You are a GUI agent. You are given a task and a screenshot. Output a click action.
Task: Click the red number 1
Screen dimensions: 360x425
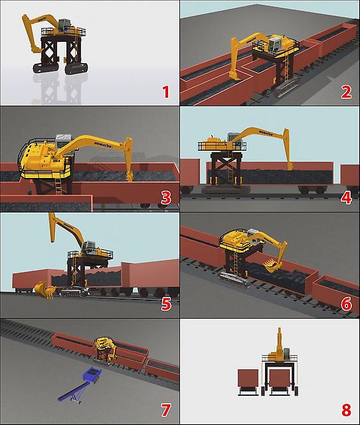[166, 92]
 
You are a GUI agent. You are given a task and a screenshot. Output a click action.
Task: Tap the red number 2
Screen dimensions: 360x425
[346, 92]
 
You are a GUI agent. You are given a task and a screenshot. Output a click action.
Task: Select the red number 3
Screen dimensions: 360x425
[166, 198]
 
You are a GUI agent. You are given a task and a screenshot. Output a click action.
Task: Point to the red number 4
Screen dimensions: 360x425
[346, 198]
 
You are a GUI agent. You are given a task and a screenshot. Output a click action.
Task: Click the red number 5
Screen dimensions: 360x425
[166, 304]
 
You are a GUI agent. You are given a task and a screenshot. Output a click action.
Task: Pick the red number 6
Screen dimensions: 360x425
[347, 304]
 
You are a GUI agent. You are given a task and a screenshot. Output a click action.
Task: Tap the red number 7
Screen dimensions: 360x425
[166, 410]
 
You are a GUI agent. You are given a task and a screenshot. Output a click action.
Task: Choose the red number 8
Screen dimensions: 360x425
[346, 410]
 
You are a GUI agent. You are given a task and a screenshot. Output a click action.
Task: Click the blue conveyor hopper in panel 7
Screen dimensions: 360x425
[92, 375]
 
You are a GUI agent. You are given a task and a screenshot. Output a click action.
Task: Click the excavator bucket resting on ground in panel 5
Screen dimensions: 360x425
[45, 290]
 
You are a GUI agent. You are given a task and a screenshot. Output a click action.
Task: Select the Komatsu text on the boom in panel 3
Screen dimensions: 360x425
[103, 145]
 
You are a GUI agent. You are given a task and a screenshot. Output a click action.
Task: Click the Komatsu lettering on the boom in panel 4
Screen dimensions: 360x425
[266, 133]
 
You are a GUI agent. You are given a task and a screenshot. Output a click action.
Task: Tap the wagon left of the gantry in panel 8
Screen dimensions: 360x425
[248, 379]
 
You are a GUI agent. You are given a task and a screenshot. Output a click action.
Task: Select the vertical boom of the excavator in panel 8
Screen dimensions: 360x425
[279, 341]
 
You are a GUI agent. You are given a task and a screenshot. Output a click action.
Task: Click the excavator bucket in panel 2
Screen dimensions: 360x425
[234, 76]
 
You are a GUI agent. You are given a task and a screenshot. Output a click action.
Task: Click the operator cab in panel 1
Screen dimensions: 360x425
[64, 25]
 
